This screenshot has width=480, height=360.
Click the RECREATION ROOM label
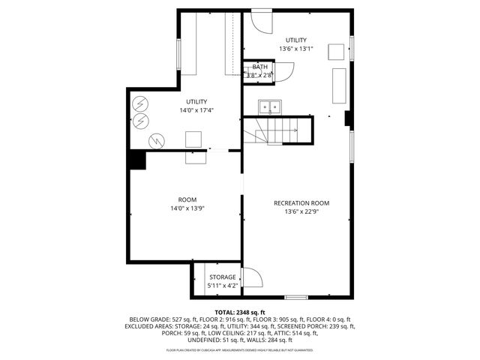pos(301,203)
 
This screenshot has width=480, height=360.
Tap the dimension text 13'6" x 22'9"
pos(301,212)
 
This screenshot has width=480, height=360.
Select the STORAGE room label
pos(222,277)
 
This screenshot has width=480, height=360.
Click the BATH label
pos(259,67)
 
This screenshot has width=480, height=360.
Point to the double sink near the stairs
pos(269,106)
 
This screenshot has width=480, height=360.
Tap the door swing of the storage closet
pos(253,278)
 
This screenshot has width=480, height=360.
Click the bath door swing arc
pos(285,71)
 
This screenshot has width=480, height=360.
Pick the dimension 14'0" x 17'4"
pos(196,110)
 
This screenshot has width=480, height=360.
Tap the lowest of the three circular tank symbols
pos(157,139)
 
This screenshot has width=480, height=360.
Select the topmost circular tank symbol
pos(140,103)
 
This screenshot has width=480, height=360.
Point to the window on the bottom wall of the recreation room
pos(296,298)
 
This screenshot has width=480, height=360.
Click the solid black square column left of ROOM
pos(136,160)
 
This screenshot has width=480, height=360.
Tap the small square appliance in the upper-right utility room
pos(337,52)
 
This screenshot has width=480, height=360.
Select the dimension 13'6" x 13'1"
pos(295,49)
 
